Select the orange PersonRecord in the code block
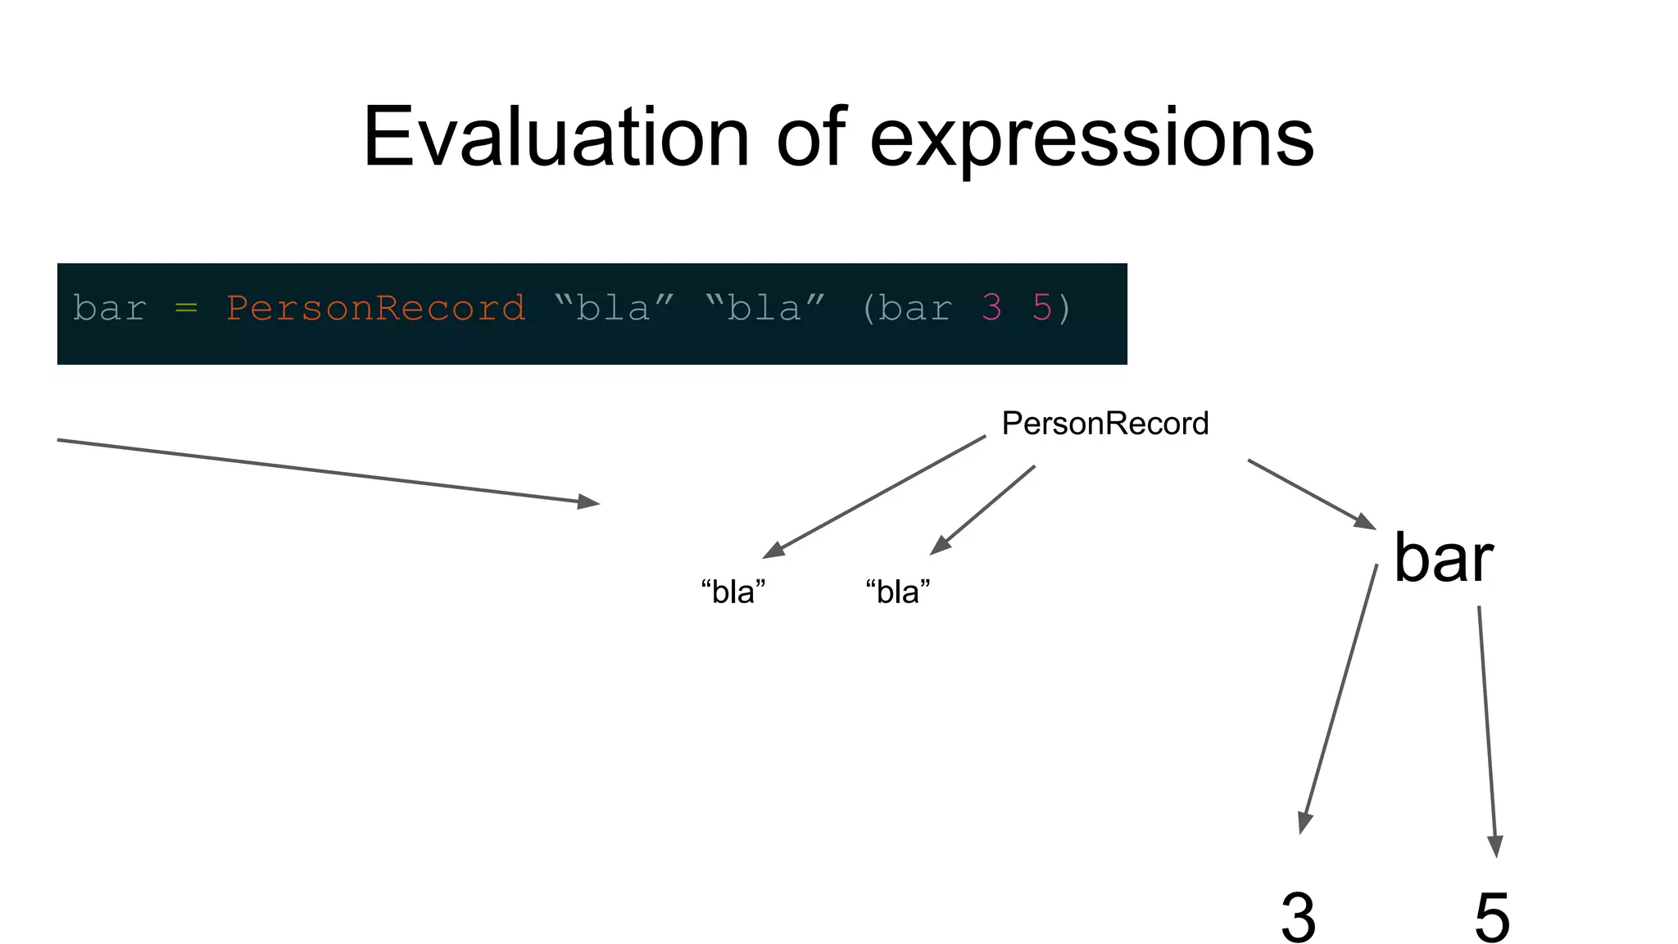coord(375,309)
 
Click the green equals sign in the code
coord(186,309)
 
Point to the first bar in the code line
coord(109,309)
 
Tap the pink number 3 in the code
coord(991,308)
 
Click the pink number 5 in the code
coord(1041,308)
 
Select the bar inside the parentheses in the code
coord(915,309)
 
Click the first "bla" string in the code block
coord(614,309)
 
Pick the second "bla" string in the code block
coord(765,309)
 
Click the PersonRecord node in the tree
coord(1104,424)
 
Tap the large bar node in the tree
coord(1443,559)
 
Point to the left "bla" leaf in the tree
coord(733,592)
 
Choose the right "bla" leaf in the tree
coord(898,592)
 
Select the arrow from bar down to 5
coord(1487,729)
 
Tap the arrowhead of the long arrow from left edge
coord(588,501)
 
